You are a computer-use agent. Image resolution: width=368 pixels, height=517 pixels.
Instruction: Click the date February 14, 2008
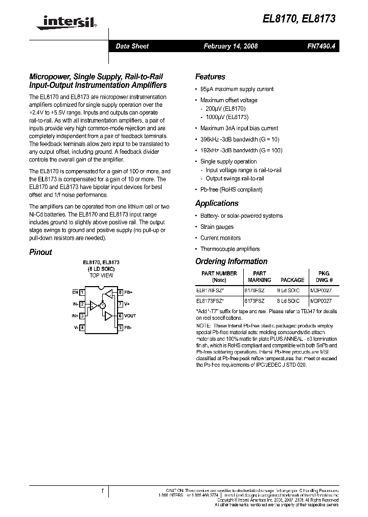click(231, 46)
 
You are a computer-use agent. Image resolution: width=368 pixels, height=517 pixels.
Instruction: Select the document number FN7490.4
click(321, 46)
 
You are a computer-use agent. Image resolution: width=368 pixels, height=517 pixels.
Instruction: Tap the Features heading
click(210, 77)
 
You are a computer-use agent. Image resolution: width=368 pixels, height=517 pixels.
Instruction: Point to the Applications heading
click(217, 203)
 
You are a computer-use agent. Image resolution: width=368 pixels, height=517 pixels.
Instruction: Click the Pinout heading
click(40, 252)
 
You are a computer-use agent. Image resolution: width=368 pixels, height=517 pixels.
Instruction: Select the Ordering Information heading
click(231, 261)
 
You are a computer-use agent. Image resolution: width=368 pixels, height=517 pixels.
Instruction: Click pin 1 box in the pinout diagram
click(82, 293)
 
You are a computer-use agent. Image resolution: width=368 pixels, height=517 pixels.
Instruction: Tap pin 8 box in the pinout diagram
click(120, 293)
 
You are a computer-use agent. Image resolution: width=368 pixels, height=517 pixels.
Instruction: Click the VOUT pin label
click(130, 316)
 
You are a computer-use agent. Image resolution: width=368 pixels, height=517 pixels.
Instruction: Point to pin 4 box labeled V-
click(82, 327)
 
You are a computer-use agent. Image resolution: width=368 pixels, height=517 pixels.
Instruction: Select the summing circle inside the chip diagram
click(102, 305)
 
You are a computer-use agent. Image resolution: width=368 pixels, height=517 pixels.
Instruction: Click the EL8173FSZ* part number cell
click(210, 301)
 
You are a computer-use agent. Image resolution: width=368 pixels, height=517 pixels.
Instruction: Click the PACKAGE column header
click(292, 280)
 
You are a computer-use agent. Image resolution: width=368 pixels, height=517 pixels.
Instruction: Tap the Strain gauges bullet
click(217, 227)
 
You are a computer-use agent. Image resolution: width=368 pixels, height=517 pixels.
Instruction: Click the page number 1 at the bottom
click(102, 491)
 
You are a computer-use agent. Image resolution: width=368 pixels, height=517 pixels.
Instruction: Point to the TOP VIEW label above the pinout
click(101, 275)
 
